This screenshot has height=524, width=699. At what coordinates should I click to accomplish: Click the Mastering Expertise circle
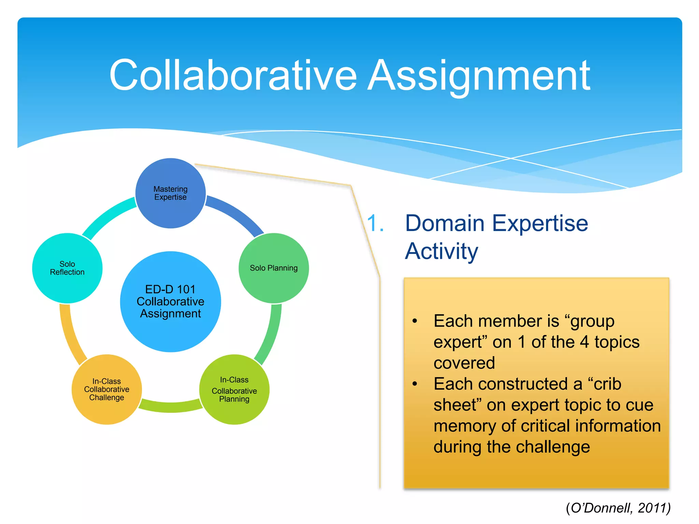[171, 193]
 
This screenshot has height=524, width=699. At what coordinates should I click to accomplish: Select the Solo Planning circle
[274, 268]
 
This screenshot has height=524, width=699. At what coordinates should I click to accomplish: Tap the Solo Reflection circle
[67, 268]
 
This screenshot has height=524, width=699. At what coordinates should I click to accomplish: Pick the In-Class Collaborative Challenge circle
[106, 390]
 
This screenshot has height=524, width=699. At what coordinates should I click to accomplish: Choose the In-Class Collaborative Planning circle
[234, 390]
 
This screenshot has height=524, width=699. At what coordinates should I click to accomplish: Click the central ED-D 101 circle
[170, 302]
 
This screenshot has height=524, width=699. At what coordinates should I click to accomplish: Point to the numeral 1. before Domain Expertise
[375, 223]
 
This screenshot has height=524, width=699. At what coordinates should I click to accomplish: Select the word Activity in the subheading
[442, 251]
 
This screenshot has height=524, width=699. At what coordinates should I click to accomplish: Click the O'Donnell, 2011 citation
[618, 508]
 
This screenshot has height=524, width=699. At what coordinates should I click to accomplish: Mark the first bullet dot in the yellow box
[415, 321]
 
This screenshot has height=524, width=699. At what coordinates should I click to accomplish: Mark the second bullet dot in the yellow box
[415, 384]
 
